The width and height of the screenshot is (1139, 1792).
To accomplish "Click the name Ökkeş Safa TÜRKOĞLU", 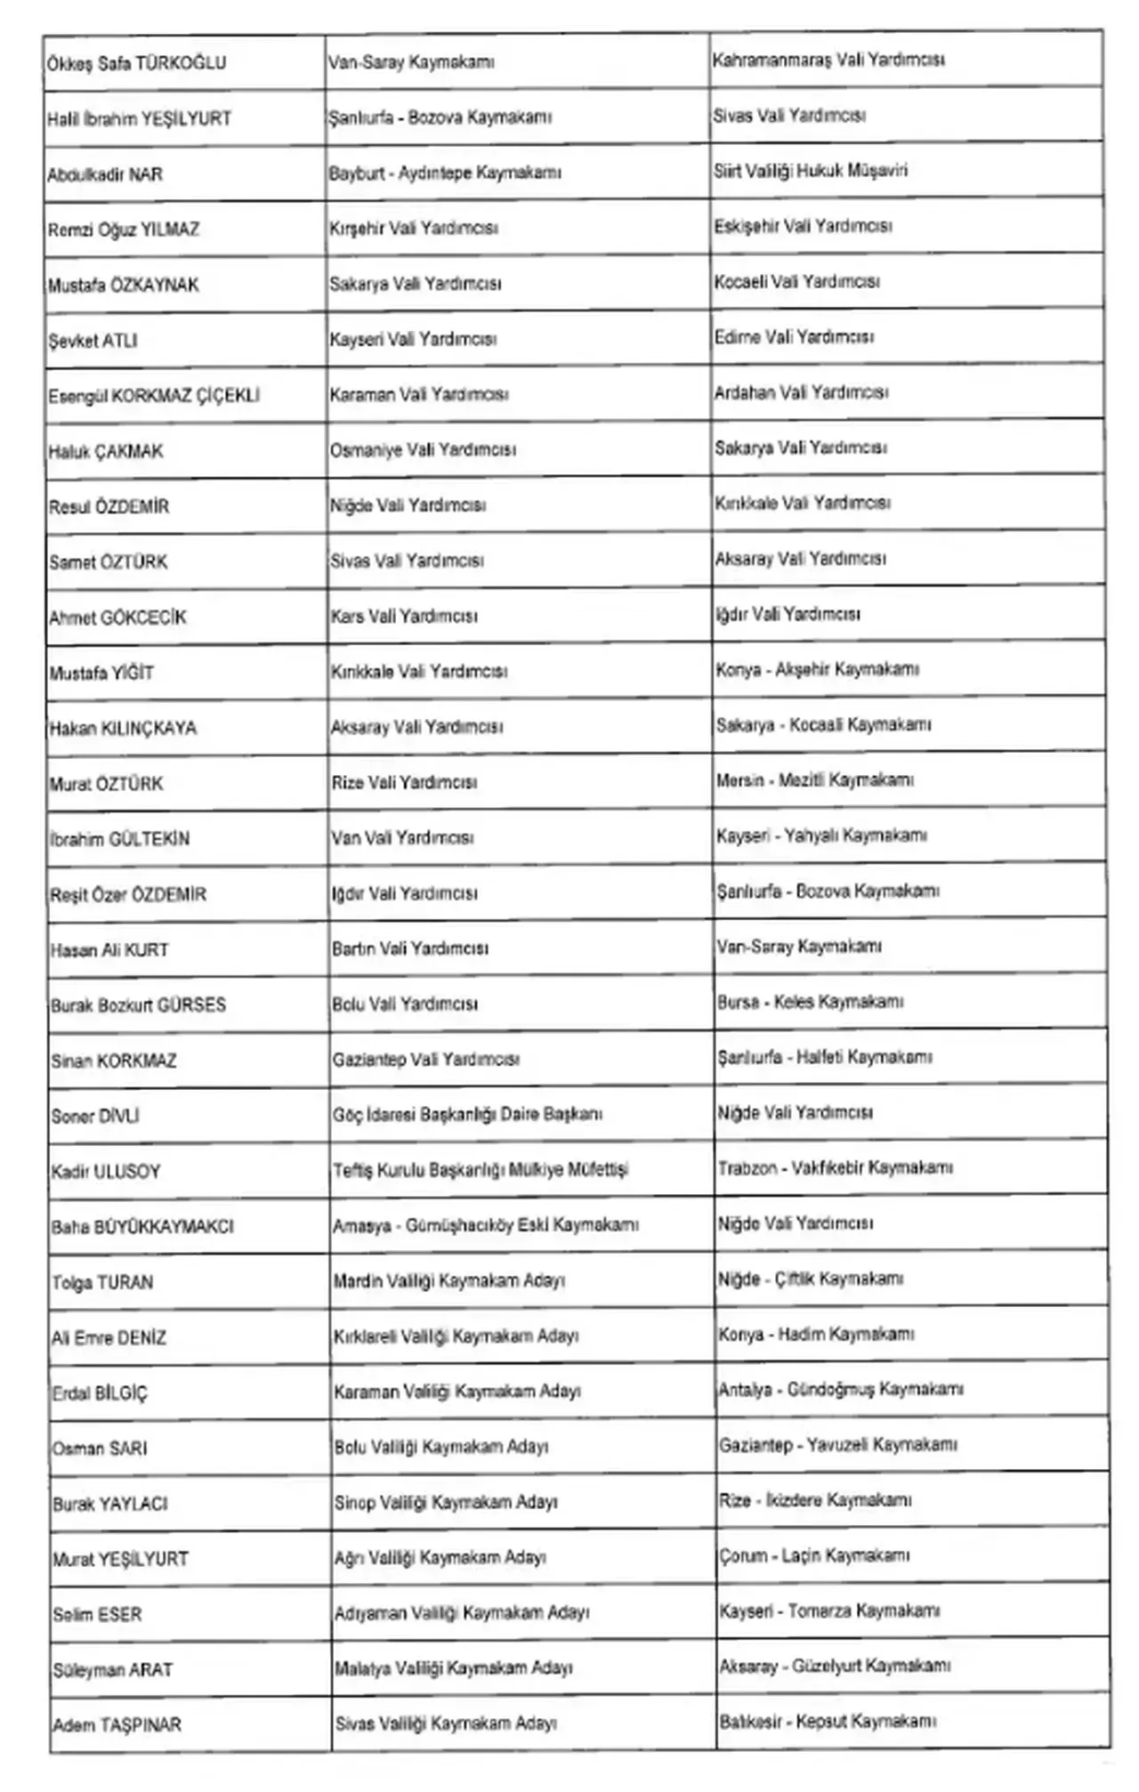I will pos(136,63).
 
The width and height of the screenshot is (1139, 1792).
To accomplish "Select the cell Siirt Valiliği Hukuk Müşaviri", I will pos(810,171).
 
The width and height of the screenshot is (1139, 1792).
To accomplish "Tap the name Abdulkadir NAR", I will pos(105,174).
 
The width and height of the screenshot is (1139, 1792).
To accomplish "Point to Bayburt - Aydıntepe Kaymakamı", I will pos(444,173).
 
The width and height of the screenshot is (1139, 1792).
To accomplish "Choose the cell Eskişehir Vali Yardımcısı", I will pos(802,227).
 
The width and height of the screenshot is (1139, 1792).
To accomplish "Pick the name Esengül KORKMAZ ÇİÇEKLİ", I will pos(154,396).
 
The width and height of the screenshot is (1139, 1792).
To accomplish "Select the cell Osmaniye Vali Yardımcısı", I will pos(423,450).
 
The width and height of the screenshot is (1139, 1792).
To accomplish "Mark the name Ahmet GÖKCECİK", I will pos(117,618).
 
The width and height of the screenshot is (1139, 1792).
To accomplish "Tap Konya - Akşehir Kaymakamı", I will pos(817,669).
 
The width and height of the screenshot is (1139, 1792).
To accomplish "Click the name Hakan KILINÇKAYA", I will pos(123,729).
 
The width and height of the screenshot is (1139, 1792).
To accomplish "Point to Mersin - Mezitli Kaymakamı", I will pos(814,780).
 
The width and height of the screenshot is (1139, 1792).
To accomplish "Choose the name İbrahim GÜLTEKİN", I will pos(119,839).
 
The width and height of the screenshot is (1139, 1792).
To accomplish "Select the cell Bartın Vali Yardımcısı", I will pos(409,948).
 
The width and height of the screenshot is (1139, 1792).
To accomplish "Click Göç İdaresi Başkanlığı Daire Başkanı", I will pos(467,1114).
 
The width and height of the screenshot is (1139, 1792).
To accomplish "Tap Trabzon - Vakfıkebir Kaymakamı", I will pos(835,1167).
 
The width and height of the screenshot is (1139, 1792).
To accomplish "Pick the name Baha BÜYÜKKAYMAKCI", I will pos(142,1227).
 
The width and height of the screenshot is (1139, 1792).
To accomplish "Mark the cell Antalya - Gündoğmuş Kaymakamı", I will pos(841,1389).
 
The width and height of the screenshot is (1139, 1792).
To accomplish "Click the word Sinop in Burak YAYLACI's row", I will pos(354,1503).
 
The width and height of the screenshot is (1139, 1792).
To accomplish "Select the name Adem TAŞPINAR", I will pos(117,1724).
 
